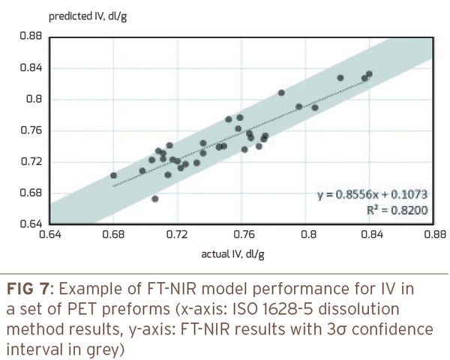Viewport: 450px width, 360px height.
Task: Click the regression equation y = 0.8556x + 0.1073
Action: [371, 196]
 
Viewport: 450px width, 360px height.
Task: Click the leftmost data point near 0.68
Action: [113, 175]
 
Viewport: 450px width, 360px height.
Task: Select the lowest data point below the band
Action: [155, 199]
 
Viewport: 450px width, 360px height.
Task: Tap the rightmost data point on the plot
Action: [369, 73]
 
